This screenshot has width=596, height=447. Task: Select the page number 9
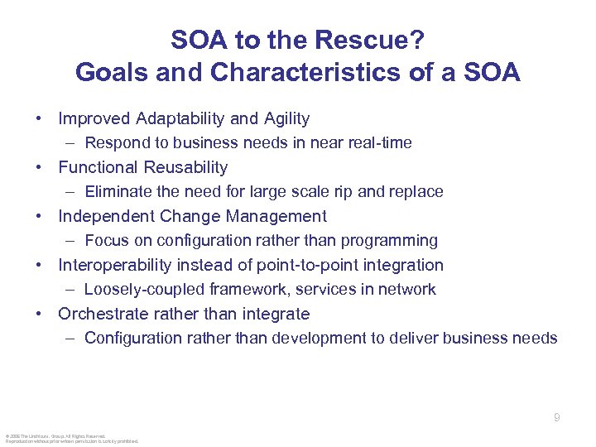557,418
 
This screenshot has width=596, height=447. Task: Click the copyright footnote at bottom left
71,438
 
